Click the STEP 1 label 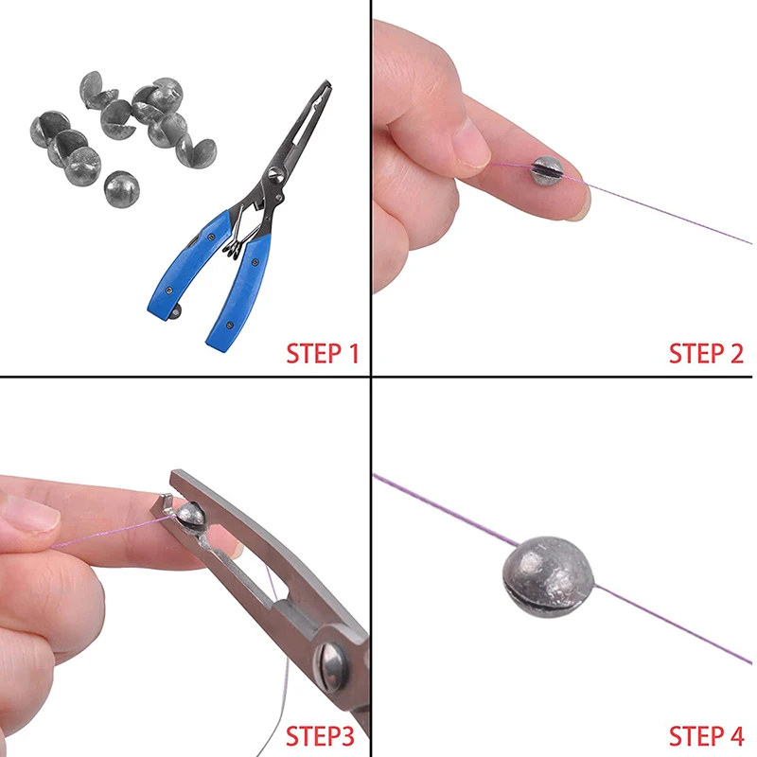pos(323,354)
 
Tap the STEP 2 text pos(706,354)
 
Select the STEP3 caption pos(320,736)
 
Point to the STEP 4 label pos(706,736)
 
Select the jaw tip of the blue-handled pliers pos(324,87)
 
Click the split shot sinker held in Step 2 pos(547,170)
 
